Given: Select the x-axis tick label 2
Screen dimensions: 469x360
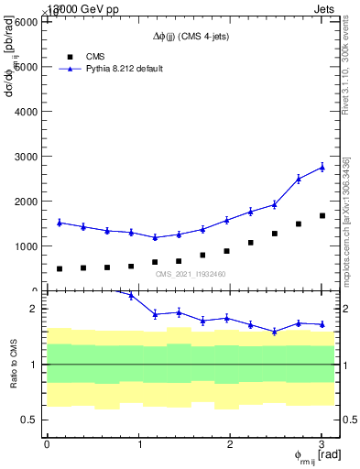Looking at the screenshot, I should [231, 443].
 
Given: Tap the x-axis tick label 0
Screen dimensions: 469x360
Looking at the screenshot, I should [47, 443].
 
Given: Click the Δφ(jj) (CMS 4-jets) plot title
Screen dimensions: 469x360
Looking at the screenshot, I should [191, 37].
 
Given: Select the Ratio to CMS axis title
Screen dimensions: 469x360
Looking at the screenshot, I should [14, 365].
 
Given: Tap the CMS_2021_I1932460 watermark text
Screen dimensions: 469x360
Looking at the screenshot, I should [191, 274].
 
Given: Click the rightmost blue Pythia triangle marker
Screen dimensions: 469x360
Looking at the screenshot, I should [322, 167].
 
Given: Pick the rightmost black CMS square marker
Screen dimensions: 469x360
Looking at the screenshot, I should [322, 216].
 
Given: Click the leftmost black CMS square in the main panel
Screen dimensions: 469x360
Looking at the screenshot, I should [60, 268].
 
